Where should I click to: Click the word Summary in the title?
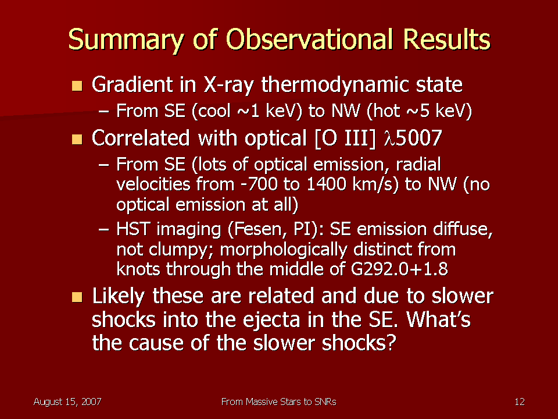pos(126,40)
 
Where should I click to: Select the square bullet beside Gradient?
pos(77,86)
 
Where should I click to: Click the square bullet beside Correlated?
pos(77,139)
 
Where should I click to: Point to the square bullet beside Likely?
pos(77,297)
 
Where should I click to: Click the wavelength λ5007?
pos(413,138)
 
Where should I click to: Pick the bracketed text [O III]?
pos(345,139)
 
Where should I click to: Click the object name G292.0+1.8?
pos(399,269)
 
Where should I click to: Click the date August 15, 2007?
pos(67,402)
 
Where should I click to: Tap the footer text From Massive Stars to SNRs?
pos(278,402)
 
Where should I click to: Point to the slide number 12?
pos(520,402)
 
